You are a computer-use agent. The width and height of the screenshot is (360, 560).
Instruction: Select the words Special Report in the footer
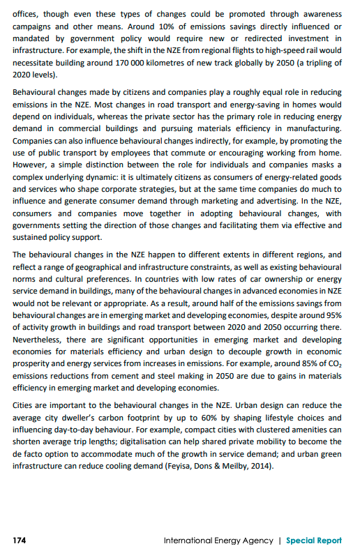click(x=314, y=540)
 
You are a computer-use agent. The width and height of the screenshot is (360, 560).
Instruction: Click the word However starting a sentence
click(x=33, y=165)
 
